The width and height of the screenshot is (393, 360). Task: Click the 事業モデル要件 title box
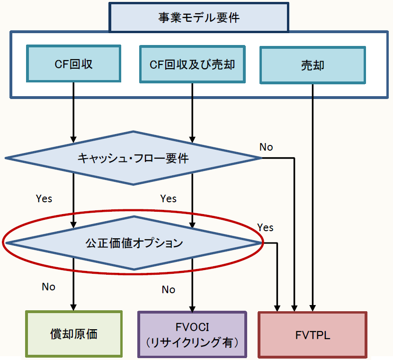point(199,18)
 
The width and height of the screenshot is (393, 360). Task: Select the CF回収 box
point(74,64)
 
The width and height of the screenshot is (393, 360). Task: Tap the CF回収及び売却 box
point(192,64)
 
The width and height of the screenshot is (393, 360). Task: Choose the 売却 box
point(313,64)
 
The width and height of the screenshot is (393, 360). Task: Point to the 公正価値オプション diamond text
point(134,243)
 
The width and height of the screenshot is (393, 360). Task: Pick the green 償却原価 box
point(74,333)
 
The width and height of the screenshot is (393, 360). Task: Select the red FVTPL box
point(313,334)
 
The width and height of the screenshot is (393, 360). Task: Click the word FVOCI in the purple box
point(192,327)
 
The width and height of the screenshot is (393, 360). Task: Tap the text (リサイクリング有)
point(192,342)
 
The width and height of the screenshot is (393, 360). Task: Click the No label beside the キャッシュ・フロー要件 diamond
point(266,147)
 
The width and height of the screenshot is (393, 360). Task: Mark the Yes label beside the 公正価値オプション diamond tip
point(266,227)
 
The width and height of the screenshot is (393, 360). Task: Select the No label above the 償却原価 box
point(48,287)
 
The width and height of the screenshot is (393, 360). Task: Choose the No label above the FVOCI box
point(168,289)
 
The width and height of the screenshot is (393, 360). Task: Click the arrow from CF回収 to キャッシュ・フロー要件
point(74,114)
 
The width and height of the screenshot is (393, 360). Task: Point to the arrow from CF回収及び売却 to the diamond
point(192,114)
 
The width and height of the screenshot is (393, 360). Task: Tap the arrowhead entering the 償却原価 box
point(74,306)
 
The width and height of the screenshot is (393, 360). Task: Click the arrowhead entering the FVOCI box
point(192,306)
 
